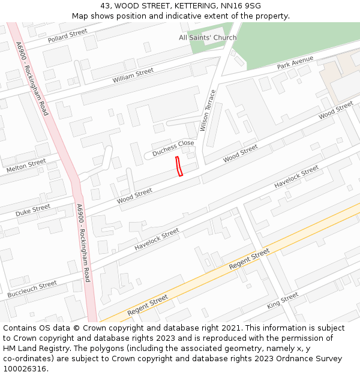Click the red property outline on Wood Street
(x=179, y=166)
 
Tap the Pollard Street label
(x=67, y=36)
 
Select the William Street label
(x=133, y=76)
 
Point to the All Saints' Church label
(x=208, y=38)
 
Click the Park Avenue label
(x=295, y=64)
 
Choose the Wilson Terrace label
(x=207, y=110)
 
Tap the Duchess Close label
(x=173, y=149)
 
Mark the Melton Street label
(x=26, y=166)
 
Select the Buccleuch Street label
(x=32, y=289)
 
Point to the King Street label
(x=283, y=301)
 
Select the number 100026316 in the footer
(x=25, y=368)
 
